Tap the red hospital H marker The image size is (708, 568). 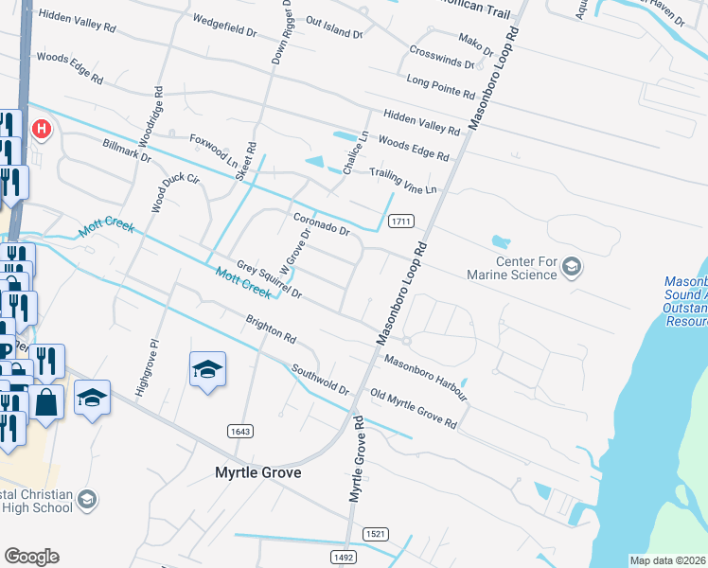41,128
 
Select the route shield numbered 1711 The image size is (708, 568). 400,222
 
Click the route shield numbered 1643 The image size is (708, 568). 240,431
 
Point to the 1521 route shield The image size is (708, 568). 375,534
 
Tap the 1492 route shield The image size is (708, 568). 343,558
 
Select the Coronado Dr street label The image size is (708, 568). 322,223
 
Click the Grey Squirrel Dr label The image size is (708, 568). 269,280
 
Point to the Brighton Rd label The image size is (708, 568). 272,329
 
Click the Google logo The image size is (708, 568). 31,557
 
